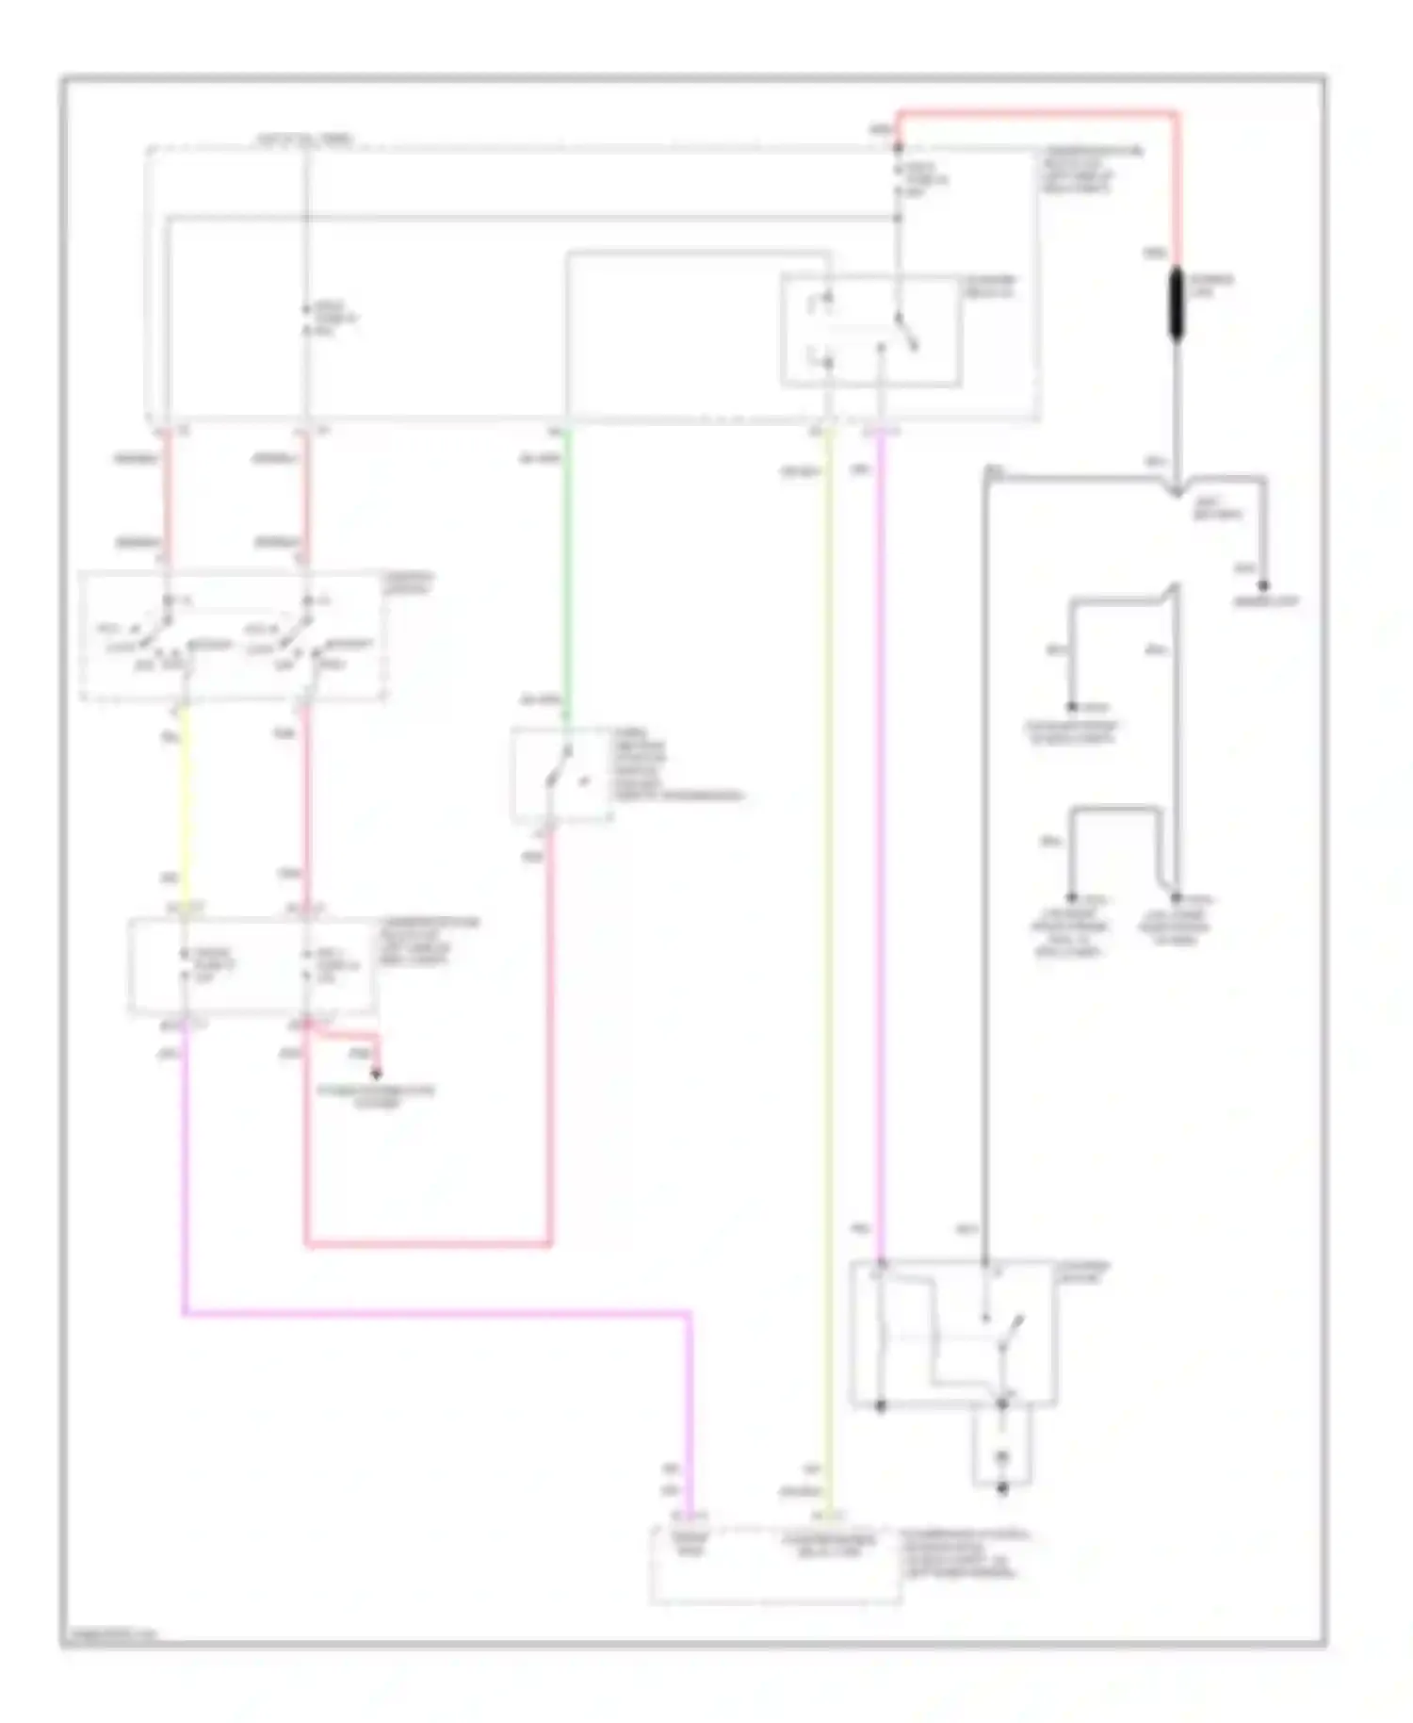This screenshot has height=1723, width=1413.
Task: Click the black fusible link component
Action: [1176, 304]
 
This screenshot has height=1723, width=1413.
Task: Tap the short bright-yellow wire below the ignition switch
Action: [183, 801]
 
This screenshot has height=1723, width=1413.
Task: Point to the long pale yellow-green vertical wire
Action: [828, 943]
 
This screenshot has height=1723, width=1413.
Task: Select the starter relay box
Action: [870, 330]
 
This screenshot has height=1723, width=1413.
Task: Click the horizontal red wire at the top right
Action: [1036, 114]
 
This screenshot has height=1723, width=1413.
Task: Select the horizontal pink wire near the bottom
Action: [433, 1311]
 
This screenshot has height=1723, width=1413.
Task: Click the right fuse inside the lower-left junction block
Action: [306, 966]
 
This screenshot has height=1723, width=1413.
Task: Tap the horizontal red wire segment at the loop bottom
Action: [429, 1244]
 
